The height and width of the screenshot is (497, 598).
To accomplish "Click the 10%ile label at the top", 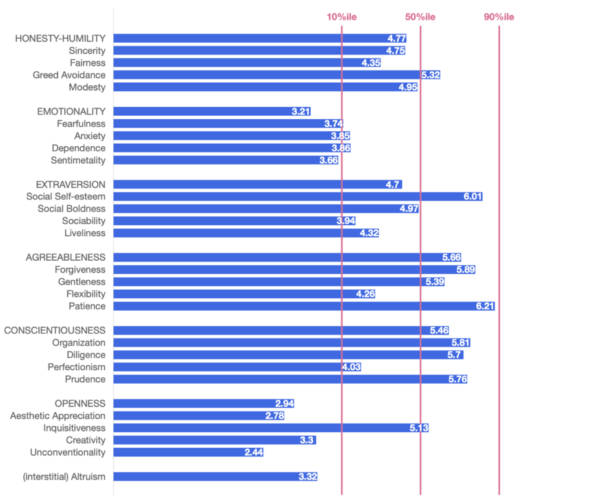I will [341, 17].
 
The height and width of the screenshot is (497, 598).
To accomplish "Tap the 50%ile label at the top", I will [420, 17].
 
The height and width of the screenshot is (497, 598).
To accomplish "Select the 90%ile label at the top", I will [499, 17].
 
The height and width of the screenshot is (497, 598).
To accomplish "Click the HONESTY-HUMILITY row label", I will [60, 39].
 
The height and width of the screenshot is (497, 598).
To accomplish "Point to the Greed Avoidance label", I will [69, 75].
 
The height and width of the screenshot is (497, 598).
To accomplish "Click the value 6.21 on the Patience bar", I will [485, 306].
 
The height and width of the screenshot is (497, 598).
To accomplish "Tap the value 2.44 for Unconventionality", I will [254, 452].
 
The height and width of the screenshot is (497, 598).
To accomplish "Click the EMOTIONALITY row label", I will [71, 111].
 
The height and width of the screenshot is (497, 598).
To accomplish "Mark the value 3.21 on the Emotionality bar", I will [300, 111].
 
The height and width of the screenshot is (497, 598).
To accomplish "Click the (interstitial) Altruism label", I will [64, 476].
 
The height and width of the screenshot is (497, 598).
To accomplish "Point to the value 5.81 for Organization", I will [460, 342].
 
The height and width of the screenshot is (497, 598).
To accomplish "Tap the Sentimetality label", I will [78, 160].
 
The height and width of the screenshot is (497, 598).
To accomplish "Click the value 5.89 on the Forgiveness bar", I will [465, 269].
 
